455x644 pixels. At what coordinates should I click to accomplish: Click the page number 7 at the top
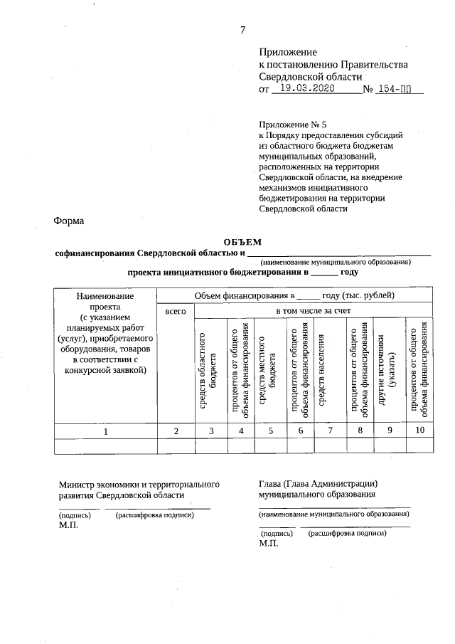[x=242, y=29]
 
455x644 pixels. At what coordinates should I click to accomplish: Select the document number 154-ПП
[x=397, y=90]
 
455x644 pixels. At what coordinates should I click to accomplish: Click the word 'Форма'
[x=69, y=221]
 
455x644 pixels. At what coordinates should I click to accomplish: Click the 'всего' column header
[x=176, y=311]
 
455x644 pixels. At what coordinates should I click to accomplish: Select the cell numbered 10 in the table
[x=419, y=430]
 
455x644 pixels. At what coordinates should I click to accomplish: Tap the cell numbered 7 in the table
[x=330, y=430]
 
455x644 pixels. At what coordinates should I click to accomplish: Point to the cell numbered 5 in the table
[x=270, y=431]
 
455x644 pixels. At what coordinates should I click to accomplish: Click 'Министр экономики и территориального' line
[x=139, y=484]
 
